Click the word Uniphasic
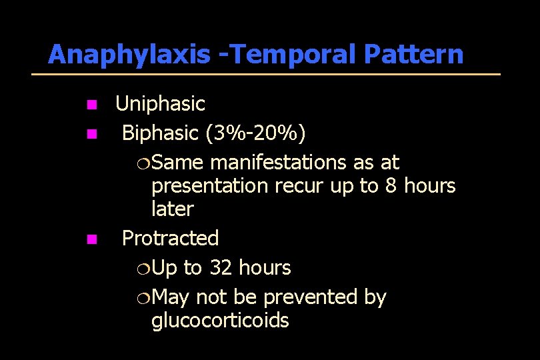pos(160,104)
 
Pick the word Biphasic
pos(161,133)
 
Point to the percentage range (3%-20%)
pos(256,133)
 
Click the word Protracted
pos(170,238)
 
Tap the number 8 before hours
pos(391,185)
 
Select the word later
pos(172,209)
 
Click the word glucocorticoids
pos(220,321)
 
